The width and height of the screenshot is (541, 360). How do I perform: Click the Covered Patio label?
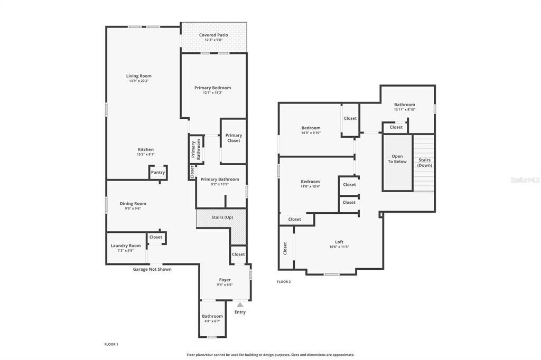point(213,35)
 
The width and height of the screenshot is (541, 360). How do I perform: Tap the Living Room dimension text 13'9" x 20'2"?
point(138,81)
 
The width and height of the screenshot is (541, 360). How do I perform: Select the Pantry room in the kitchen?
point(158,173)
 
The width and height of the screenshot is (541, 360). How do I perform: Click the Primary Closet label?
point(234,138)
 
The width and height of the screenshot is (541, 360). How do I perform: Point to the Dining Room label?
point(133,203)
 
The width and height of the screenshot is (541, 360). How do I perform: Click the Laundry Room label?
point(126,245)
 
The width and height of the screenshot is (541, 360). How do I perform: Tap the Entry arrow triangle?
point(240,305)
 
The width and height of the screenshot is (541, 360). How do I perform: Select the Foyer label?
point(225,280)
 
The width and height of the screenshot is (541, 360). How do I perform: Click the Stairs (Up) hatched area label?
point(222,217)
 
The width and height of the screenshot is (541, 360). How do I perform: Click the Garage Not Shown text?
point(152,269)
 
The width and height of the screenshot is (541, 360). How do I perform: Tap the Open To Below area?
point(397,159)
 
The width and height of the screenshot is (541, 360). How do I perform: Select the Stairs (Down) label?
point(424,163)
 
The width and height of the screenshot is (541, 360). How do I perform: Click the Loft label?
point(339,242)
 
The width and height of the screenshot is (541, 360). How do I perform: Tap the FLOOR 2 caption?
point(284,282)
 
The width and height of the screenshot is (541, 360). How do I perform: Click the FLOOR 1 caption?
point(111,344)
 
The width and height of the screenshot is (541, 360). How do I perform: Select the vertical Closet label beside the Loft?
point(285,248)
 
